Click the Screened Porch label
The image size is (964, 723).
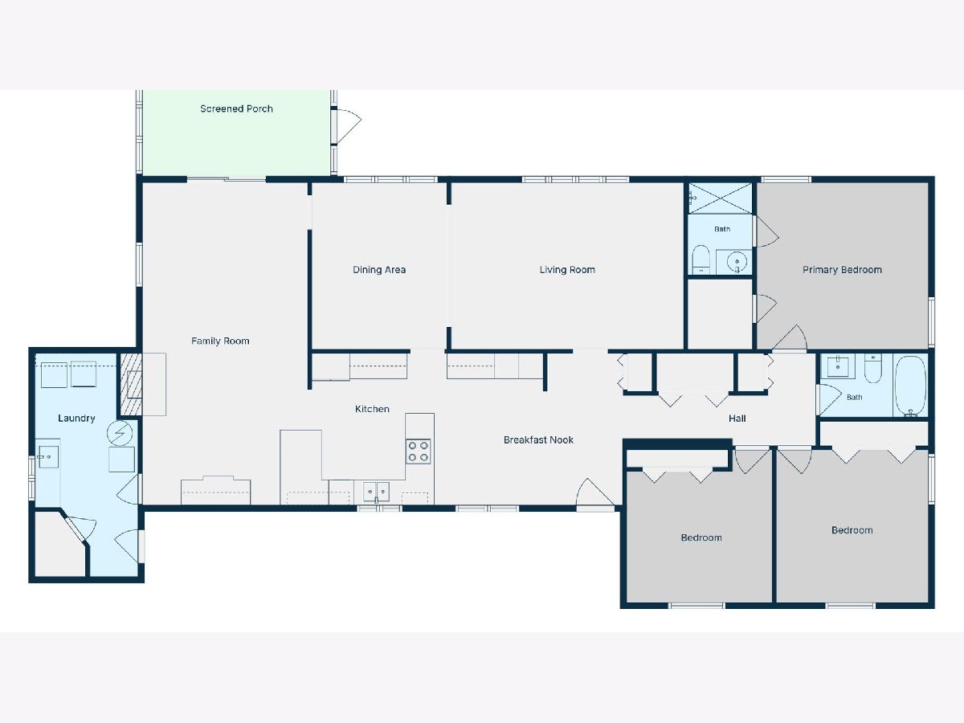click(236, 109)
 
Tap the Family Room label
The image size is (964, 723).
click(220, 341)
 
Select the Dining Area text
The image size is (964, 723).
click(379, 270)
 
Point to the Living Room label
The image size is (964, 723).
click(567, 270)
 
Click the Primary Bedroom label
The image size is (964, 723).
click(842, 270)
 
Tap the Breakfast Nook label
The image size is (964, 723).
click(538, 440)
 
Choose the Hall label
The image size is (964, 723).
click(737, 419)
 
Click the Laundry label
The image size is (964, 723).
click(76, 418)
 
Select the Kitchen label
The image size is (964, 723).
click(372, 409)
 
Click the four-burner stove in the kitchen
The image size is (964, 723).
click(418, 451)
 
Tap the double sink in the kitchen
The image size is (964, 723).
click(377, 491)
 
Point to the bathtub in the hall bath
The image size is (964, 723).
click(911, 385)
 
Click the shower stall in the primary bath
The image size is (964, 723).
click(721, 198)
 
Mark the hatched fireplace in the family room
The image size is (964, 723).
click(131, 384)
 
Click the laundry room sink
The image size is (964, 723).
click(48, 457)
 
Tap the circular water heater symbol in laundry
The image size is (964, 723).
click(120, 433)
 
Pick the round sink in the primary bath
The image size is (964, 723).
click(737, 262)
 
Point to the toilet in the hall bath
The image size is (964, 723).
click(872, 368)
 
